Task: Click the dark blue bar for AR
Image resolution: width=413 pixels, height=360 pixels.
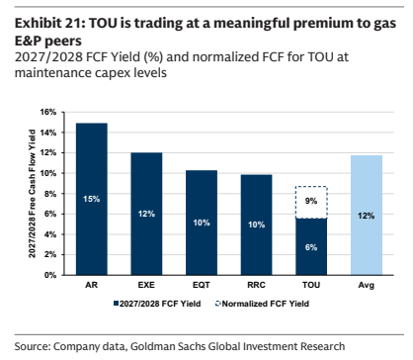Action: click(92, 199)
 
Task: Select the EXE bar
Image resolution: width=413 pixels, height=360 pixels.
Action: click(146, 214)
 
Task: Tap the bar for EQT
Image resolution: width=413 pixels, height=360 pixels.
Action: click(202, 223)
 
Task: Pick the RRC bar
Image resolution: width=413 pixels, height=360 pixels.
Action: click(256, 225)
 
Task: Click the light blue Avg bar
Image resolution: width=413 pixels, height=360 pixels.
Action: click(367, 216)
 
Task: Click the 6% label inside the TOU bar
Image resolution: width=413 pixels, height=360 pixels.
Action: click(311, 247)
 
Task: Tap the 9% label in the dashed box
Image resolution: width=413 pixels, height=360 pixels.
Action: click(311, 201)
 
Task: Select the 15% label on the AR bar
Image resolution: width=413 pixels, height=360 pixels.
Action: click(92, 199)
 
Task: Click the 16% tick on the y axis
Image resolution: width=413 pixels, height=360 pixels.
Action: click(48, 112)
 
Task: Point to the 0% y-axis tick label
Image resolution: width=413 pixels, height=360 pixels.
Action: click(50, 275)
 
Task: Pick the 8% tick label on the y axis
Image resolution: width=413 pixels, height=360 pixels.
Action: click(50, 194)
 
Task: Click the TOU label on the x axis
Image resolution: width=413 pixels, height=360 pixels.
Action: click(311, 285)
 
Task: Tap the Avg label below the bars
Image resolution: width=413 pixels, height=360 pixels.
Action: click(367, 285)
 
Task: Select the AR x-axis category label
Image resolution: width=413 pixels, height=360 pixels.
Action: click(92, 285)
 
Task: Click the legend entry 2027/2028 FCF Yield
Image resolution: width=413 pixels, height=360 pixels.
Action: click(157, 304)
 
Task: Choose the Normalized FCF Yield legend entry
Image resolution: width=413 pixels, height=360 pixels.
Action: click(262, 304)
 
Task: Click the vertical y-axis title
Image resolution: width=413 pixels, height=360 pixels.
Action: click(32, 194)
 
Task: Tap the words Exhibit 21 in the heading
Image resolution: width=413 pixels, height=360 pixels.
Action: click(47, 24)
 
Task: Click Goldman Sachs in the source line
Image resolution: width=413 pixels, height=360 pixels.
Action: click(168, 346)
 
